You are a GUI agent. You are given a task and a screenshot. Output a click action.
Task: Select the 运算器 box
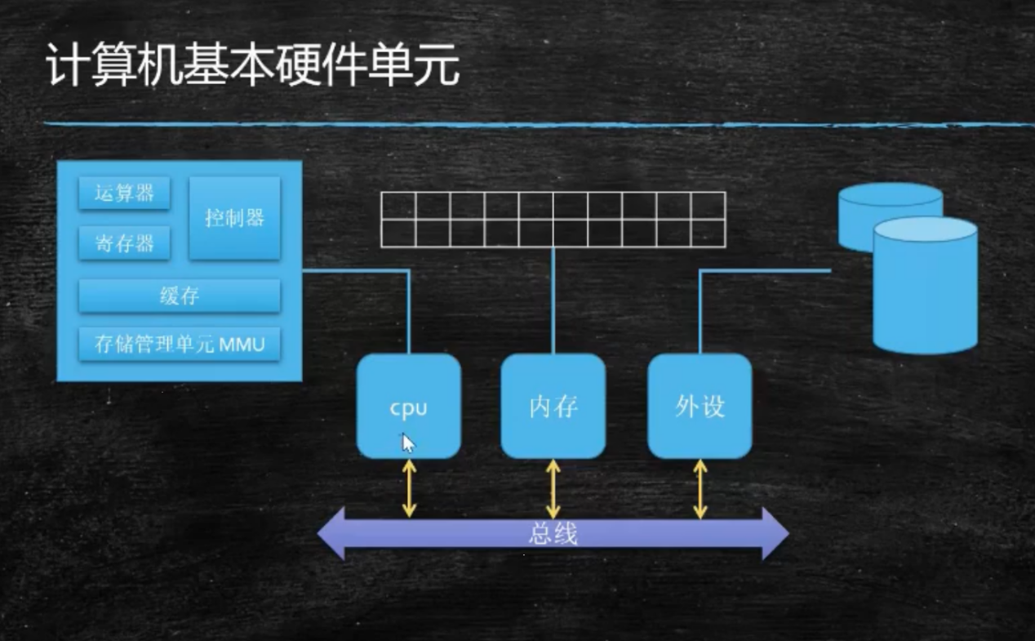[124, 194]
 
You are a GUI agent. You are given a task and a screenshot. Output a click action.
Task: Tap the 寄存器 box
[124, 243]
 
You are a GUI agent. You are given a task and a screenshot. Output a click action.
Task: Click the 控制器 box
[234, 218]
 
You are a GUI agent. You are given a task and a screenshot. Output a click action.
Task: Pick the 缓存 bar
[180, 296]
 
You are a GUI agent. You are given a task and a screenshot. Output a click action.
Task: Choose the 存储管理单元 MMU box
[180, 344]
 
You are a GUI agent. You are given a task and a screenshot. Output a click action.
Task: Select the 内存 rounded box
[553, 406]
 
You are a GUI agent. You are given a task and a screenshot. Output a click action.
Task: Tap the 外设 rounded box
[700, 406]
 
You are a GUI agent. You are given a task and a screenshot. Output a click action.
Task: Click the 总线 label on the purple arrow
[553, 534]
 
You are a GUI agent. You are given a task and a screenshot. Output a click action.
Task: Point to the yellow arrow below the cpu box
[409, 488]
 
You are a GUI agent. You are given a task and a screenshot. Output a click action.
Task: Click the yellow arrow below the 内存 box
[553, 488]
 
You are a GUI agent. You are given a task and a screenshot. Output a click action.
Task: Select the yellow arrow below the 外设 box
[700, 488]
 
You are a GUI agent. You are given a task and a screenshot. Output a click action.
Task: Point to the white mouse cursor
[408, 443]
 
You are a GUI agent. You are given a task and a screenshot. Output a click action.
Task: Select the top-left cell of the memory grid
[398, 206]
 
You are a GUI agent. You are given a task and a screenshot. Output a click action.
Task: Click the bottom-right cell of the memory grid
[708, 233]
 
